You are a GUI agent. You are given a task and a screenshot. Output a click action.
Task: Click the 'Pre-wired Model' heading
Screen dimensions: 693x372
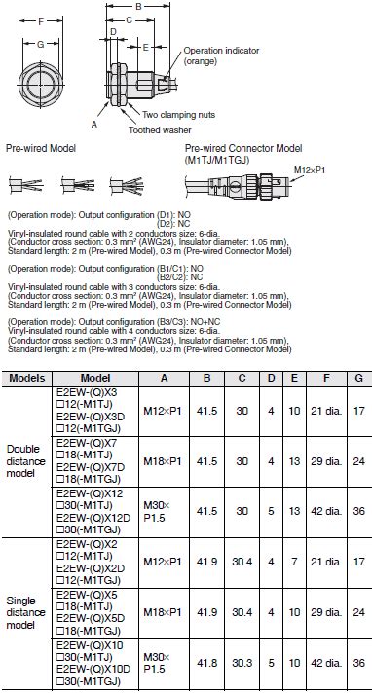(x=41, y=147)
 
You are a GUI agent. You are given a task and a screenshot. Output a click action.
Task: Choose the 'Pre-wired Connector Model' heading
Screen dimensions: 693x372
(x=233, y=147)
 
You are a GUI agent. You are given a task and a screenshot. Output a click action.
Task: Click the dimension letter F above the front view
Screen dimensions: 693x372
(x=38, y=20)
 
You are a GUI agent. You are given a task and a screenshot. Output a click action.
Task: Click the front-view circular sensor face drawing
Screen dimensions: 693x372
(x=38, y=81)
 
